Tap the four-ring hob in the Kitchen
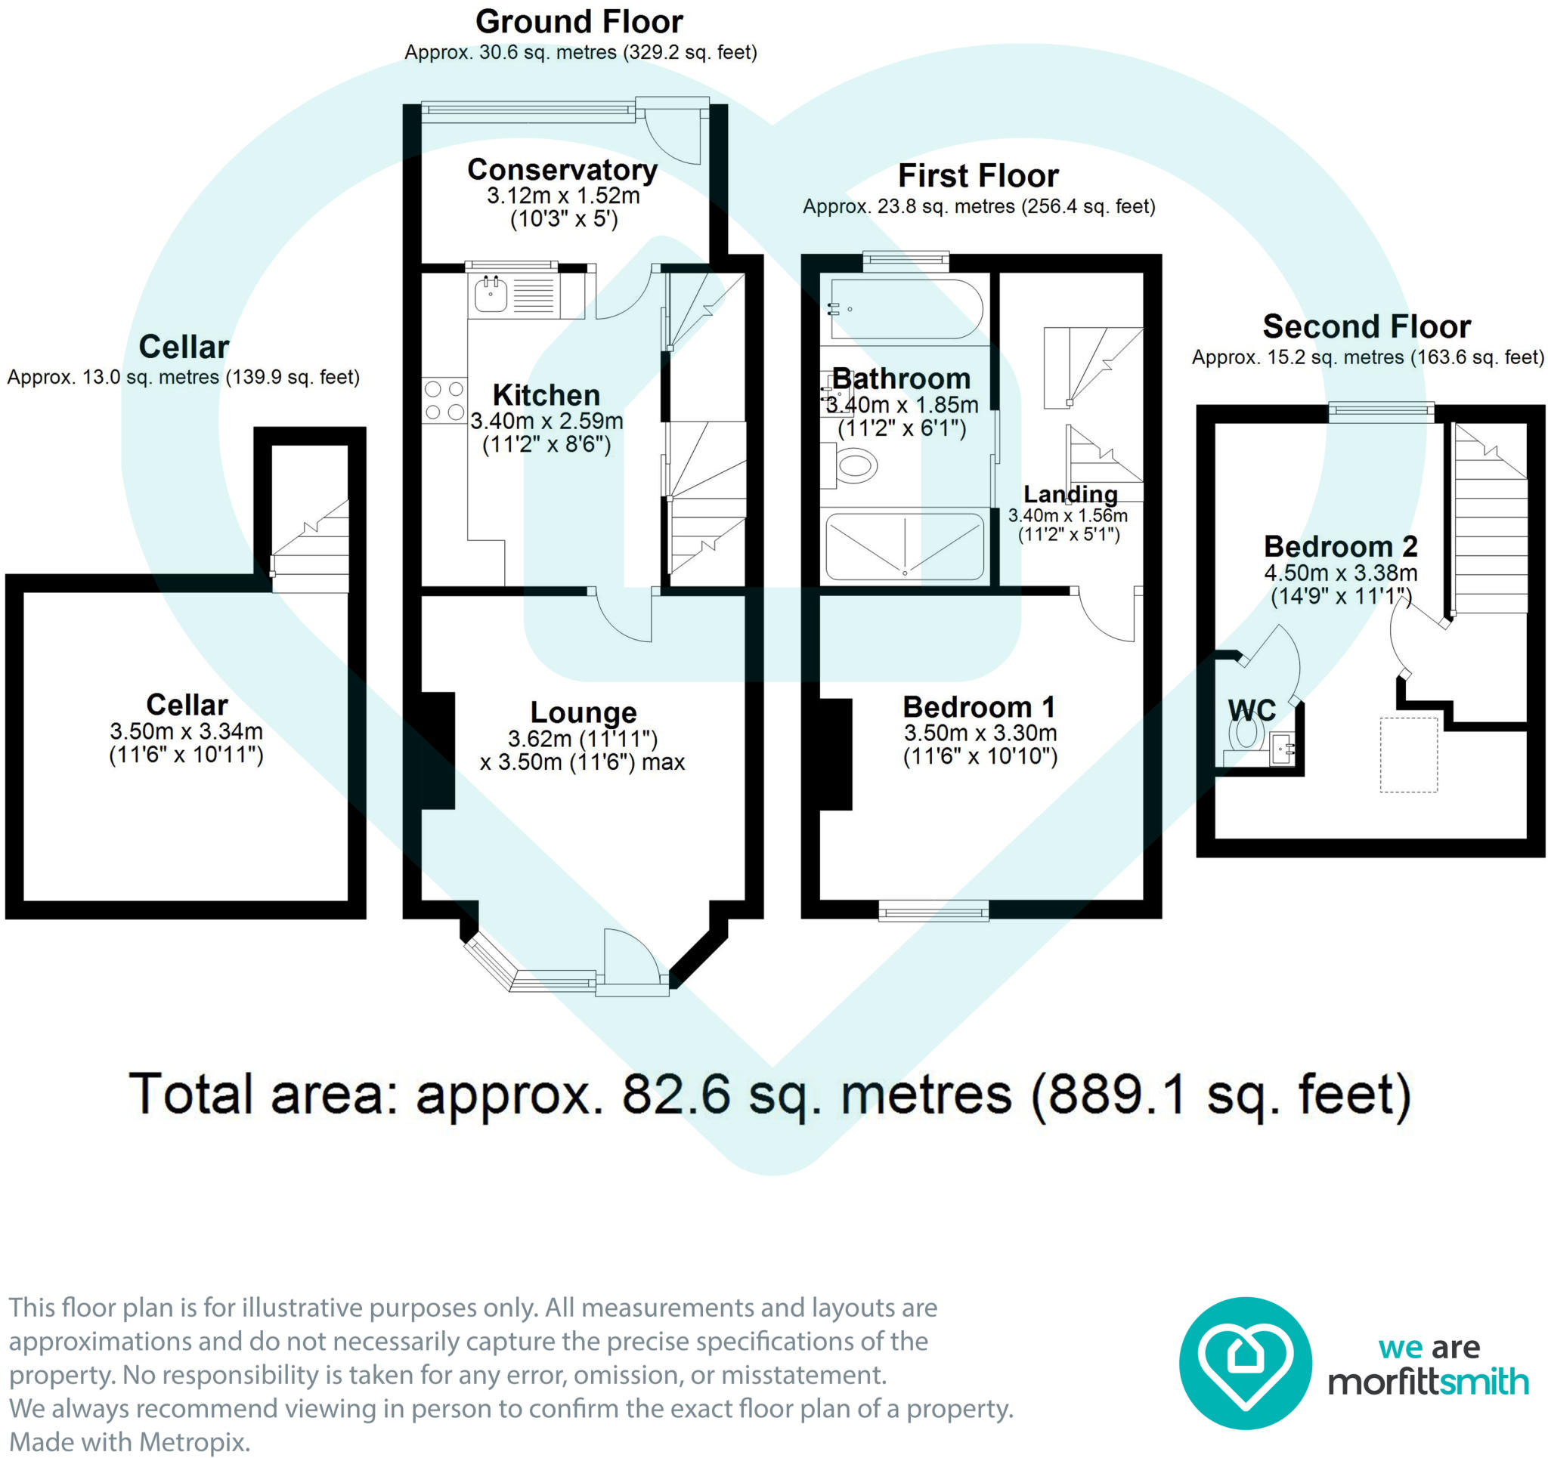[444, 400]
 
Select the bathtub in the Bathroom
[906, 309]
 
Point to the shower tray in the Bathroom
[905, 546]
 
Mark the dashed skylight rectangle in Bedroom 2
[1409, 754]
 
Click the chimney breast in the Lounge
[438, 750]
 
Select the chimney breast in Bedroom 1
[836, 754]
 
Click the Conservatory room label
[562, 170]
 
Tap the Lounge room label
[584, 712]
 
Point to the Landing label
[1070, 493]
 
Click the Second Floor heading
[1367, 326]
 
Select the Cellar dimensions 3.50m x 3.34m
[186, 731]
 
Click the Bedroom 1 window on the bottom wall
[933, 910]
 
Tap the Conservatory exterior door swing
[673, 133]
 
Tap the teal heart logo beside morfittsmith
[1245, 1363]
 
